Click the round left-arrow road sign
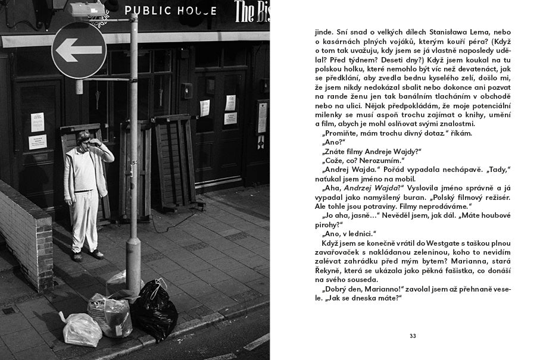[79, 50]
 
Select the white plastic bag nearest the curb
[82, 329]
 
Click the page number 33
[413, 336]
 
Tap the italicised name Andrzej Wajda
[373, 187]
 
